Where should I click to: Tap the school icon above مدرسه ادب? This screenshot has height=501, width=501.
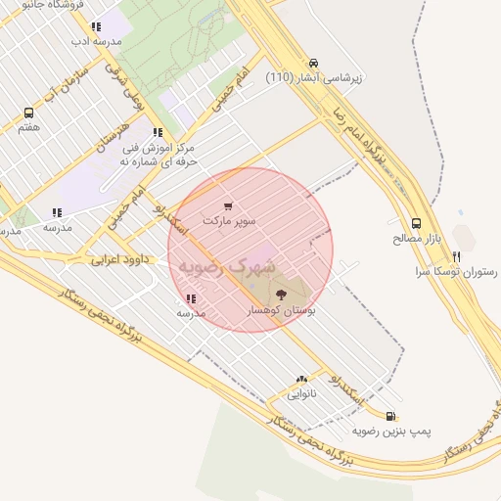[x=95, y=27]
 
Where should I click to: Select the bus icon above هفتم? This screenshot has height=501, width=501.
[x=28, y=113]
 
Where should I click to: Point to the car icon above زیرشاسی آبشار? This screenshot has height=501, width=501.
[x=312, y=61]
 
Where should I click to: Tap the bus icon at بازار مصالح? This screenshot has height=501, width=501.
[x=417, y=222]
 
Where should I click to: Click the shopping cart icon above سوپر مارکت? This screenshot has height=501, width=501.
[x=228, y=206]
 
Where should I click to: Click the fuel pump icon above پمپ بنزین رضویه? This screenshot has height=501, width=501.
[x=391, y=416]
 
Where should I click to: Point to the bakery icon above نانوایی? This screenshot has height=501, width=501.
[x=301, y=378]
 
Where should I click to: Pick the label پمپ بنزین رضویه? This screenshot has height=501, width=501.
[x=391, y=431]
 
